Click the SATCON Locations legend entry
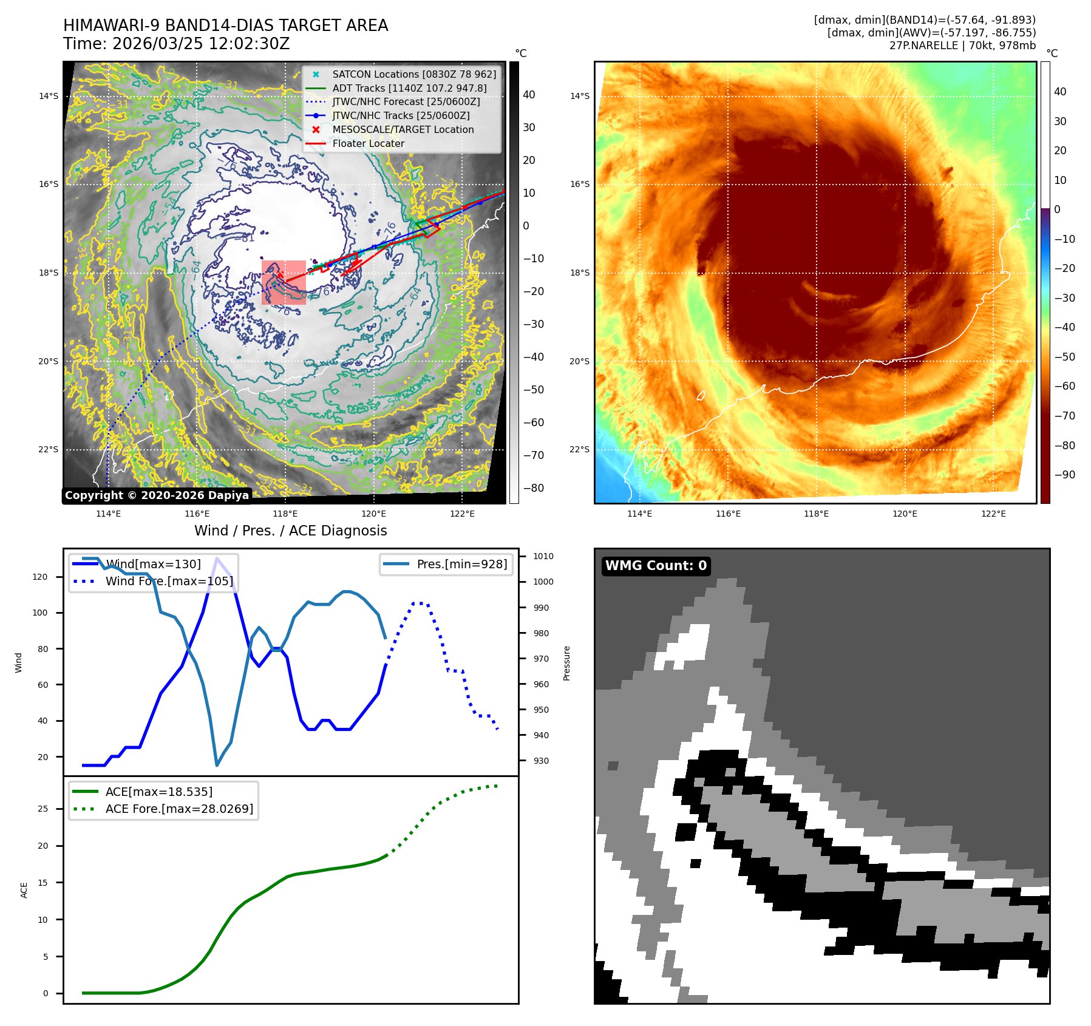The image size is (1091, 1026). coord(413,74)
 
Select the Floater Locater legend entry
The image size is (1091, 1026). coord(368,144)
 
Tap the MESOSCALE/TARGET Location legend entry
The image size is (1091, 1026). coord(403,130)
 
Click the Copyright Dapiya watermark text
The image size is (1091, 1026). coord(157,495)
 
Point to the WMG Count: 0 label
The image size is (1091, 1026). coord(656,566)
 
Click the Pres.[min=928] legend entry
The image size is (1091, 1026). coord(461,564)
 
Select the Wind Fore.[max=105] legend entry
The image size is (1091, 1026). coord(169,581)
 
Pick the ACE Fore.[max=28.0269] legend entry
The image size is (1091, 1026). coord(179,809)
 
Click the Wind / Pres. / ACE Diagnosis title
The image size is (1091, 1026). coord(290,531)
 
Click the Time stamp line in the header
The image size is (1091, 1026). coord(176,44)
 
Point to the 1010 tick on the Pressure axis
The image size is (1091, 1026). coord(543,556)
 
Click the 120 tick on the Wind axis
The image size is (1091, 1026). coord(40,577)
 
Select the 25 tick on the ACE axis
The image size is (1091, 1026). coord(42,809)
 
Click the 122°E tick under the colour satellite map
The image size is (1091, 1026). coord(993,514)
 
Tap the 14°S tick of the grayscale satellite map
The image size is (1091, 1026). coord(49,96)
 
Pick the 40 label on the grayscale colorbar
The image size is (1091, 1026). coord(529,95)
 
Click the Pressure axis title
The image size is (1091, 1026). coord(566,663)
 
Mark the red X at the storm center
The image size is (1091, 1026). coord(280,275)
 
